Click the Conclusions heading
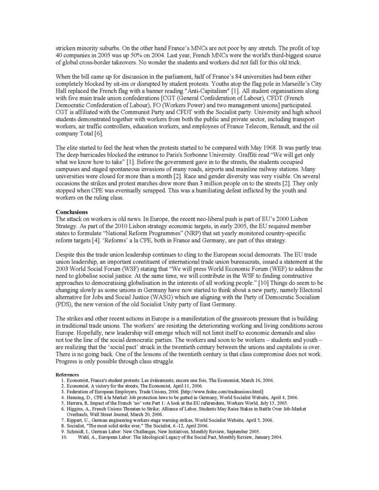coord(72,212)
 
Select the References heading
coord(67,375)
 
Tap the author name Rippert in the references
coord(74,420)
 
